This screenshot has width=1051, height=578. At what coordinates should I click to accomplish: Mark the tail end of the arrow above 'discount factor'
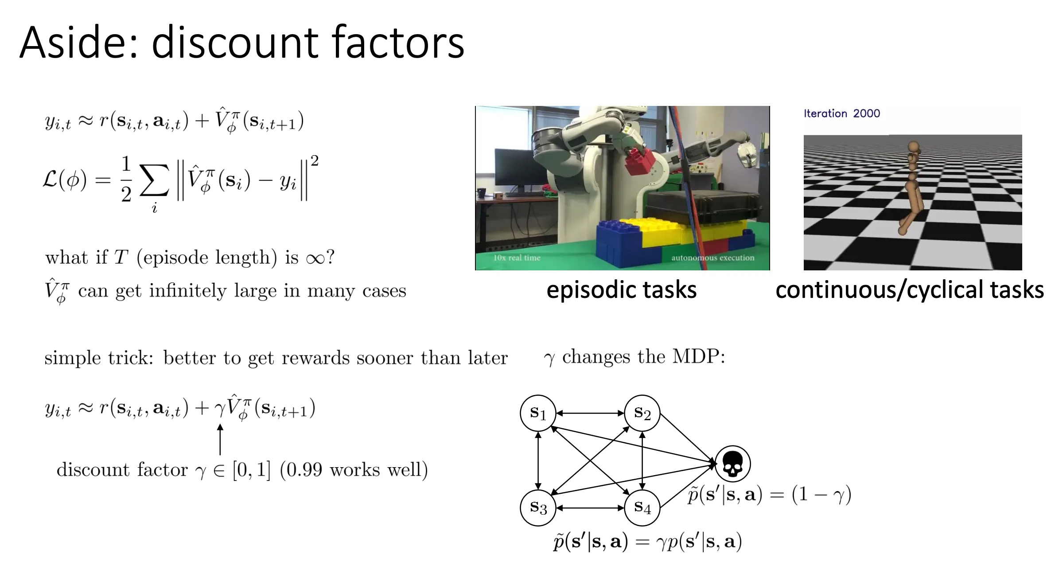(220, 455)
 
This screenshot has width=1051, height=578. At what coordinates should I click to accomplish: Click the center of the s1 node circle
(538, 413)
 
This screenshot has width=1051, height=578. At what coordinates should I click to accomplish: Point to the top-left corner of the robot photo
(475, 106)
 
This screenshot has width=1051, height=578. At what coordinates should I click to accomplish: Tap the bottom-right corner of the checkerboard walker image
(1022, 270)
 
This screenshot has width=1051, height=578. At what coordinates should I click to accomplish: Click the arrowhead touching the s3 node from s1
(538, 487)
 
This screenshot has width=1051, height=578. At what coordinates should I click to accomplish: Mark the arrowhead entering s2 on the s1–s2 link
(621, 413)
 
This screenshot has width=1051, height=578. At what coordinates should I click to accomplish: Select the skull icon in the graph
(732, 464)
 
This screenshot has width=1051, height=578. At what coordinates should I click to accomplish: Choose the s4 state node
(642, 508)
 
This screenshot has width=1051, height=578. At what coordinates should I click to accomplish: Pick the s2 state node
(642, 413)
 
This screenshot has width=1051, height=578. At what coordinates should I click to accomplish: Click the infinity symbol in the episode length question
(315, 258)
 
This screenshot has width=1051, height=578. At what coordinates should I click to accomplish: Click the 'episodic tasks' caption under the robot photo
(622, 290)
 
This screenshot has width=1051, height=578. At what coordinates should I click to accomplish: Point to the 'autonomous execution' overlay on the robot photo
(712, 258)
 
